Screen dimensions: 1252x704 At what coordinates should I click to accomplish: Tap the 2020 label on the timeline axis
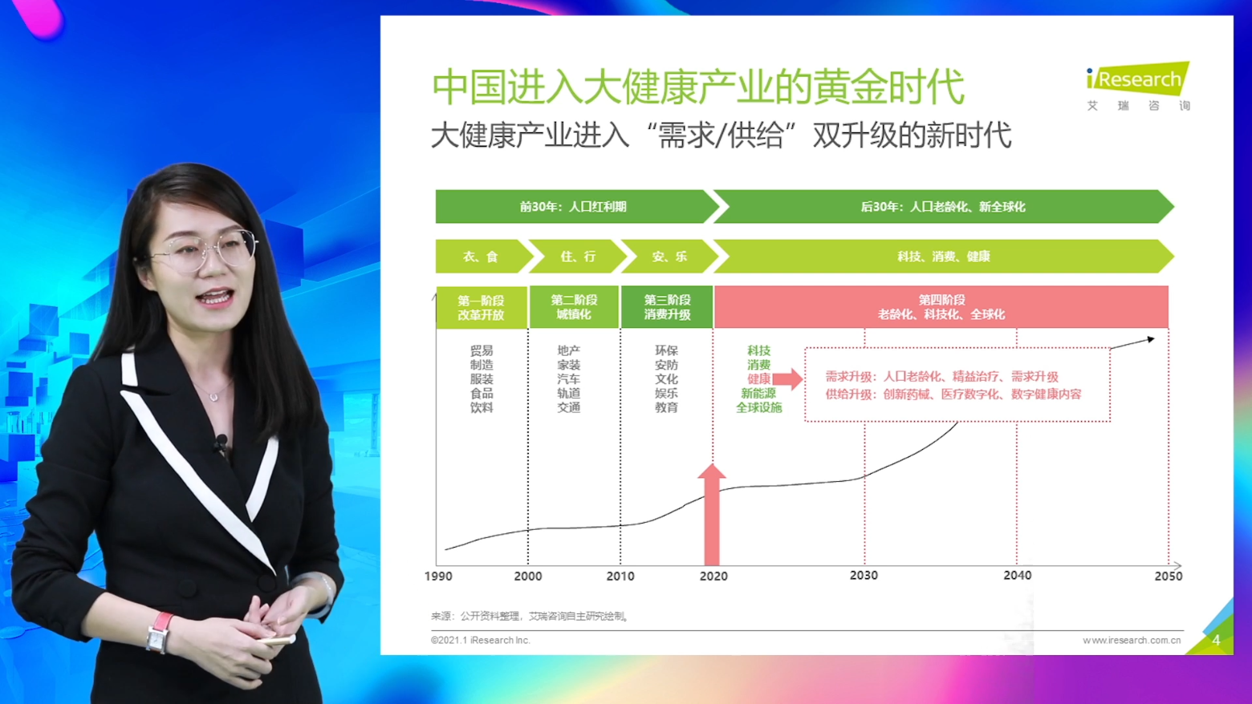click(713, 577)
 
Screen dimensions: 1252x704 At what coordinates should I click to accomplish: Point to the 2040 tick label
click(1018, 576)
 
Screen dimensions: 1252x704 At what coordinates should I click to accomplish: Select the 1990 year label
click(438, 577)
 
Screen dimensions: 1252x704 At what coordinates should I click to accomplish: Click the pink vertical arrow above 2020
click(712, 514)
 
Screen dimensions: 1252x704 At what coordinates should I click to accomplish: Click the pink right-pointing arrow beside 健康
click(788, 379)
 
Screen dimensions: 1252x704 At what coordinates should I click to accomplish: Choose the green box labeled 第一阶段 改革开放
click(482, 307)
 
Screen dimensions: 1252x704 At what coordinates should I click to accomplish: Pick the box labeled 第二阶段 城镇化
click(574, 307)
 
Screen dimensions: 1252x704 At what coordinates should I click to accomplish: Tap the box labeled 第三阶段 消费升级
click(667, 307)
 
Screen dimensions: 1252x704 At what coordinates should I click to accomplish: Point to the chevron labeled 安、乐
click(670, 257)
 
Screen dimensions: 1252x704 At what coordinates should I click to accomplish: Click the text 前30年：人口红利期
click(573, 207)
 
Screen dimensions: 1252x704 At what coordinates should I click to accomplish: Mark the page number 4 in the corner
click(1216, 641)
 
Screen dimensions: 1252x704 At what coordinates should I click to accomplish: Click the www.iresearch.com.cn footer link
click(1132, 641)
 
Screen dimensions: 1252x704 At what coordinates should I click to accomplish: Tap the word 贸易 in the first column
click(482, 350)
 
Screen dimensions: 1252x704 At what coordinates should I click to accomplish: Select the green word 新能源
click(758, 394)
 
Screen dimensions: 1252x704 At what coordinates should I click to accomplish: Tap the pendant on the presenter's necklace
click(213, 397)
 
